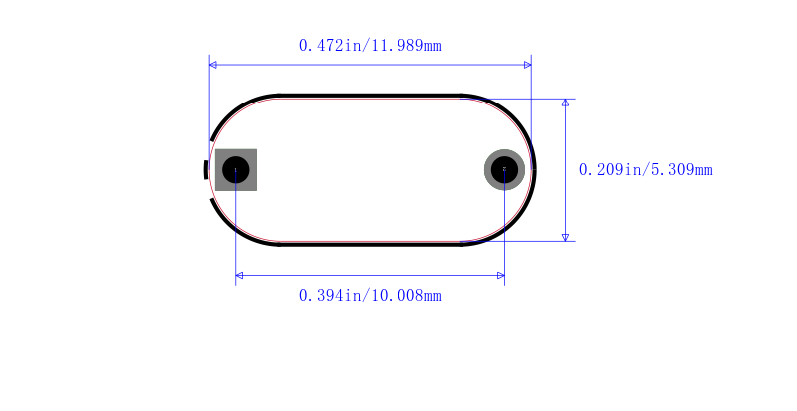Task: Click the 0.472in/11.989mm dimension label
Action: point(370,46)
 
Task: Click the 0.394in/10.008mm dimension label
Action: point(370,296)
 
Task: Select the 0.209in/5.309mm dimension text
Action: point(646,170)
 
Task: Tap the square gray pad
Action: point(236,170)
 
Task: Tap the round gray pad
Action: point(504,170)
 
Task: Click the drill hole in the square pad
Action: point(236,170)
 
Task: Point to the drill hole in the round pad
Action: point(504,170)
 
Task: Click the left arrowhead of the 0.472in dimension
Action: point(213,65)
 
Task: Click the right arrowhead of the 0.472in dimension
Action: point(528,65)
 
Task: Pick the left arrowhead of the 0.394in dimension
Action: point(239,276)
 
